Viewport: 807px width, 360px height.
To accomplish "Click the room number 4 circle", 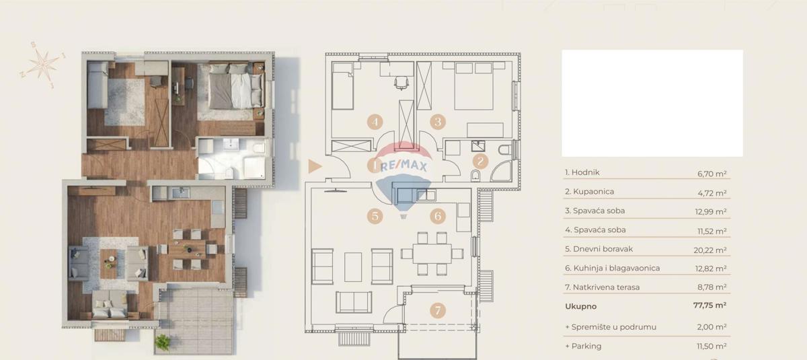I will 375,122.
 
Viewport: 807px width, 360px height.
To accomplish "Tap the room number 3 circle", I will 438,122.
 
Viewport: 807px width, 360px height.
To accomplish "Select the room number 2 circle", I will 480,161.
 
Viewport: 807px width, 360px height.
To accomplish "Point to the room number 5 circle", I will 375,216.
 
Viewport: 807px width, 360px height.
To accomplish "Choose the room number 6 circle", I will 438,216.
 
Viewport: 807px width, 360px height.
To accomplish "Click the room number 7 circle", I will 438,310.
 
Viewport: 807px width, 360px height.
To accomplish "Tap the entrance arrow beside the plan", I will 314,167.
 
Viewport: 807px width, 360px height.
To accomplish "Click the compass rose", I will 44,65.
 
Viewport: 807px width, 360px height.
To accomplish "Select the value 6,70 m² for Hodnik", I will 712,173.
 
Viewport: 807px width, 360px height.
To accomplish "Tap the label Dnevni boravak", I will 599,249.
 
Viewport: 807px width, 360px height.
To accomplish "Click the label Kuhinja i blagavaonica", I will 612,268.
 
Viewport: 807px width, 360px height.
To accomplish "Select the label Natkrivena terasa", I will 602,287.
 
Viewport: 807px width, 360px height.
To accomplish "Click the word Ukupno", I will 580,305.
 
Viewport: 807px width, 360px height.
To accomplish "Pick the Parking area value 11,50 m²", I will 711,346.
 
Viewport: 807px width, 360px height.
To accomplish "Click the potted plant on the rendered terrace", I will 163,342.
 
